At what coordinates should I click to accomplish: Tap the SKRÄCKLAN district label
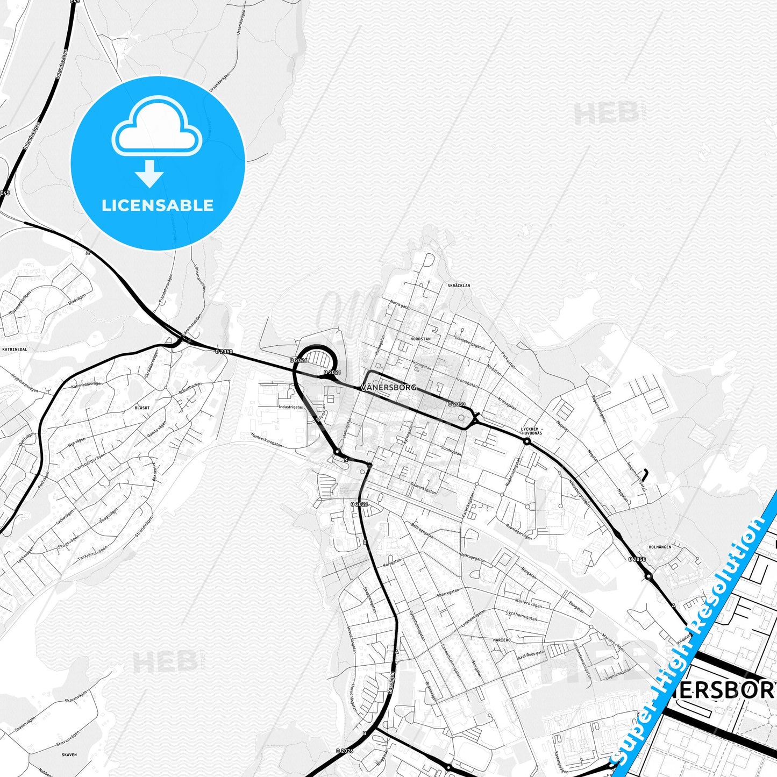pos(459,286)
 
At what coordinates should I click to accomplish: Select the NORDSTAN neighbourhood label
pos(420,339)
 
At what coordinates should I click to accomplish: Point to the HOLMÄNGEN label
pos(660,547)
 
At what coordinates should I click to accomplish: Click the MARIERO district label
pos(501,640)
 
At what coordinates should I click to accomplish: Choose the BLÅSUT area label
pos(142,408)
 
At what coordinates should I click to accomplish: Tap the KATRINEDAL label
pos(15,349)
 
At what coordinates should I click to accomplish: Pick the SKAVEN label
pos(69,754)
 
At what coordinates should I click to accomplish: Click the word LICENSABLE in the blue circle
pos(158,205)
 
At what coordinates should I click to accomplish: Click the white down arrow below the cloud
pos(149,173)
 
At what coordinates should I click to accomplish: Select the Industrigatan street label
pos(291,407)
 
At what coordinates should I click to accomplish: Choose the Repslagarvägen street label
pos(519,531)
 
